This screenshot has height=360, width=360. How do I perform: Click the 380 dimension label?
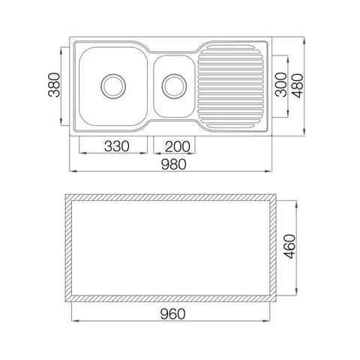pos(54,85)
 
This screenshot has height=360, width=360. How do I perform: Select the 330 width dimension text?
pos(117,146)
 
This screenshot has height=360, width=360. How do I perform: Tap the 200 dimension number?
pos(177,146)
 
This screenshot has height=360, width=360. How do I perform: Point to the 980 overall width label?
pos(173,164)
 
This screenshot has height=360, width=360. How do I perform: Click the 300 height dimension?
pos(281,85)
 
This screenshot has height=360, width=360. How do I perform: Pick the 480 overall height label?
pos(297,85)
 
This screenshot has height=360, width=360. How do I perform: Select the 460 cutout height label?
pos(289,247)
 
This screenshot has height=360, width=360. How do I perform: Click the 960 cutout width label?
pos(172,314)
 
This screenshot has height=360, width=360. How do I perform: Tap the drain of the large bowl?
pos(113,86)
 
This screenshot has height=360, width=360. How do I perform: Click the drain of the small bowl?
pos(174,86)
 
